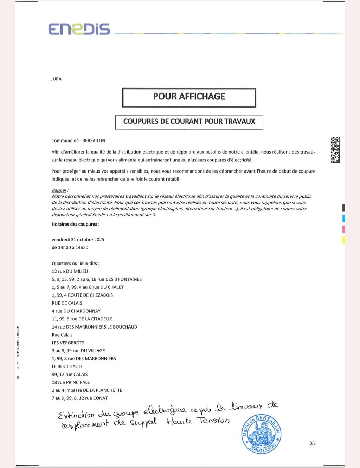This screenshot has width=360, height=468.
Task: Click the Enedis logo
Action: pyautogui.click(x=79, y=29)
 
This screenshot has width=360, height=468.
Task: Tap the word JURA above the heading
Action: pyautogui.click(x=56, y=79)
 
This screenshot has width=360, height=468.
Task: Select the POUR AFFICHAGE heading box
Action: pyautogui.click(x=189, y=97)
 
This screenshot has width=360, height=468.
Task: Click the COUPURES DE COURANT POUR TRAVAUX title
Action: pyautogui.click(x=189, y=122)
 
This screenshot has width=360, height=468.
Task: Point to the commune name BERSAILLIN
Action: pyautogui.click(x=94, y=141)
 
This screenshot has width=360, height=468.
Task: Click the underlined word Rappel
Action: pyautogui.click(x=59, y=190)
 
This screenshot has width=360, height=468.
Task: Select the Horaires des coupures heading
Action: pyautogui.click(x=76, y=224)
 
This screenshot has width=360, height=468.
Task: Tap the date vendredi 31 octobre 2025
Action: pyautogui.click(x=78, y=240)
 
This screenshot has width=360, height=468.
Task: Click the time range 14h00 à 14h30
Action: pyautogui.click(x=70, y=248)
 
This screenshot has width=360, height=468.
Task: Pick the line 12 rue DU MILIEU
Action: pyautogui.click(x=70, y=272)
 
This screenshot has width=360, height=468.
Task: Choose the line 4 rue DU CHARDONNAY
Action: pyautogui.click(x=76, y=311)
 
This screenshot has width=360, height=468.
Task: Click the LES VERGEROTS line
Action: pyautogui.click(x=68, y=343)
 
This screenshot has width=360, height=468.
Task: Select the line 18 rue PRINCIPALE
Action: pyautogui.click(x=71, y=382)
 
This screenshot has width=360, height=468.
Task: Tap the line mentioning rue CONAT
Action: pyautogui.click(x=79, y=398)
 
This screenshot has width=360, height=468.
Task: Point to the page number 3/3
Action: pyautogui.click(x=313, y=443)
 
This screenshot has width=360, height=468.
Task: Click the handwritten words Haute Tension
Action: pyautogui.click(x=198, y=421)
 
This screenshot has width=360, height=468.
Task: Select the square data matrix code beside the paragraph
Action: pyautogui.click(x=335, y=150)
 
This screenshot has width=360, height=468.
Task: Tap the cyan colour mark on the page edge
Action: pyautogui.click(x=343, y=218)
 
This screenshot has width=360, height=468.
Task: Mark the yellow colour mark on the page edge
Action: pyautogui.click(x=343, y=240)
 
